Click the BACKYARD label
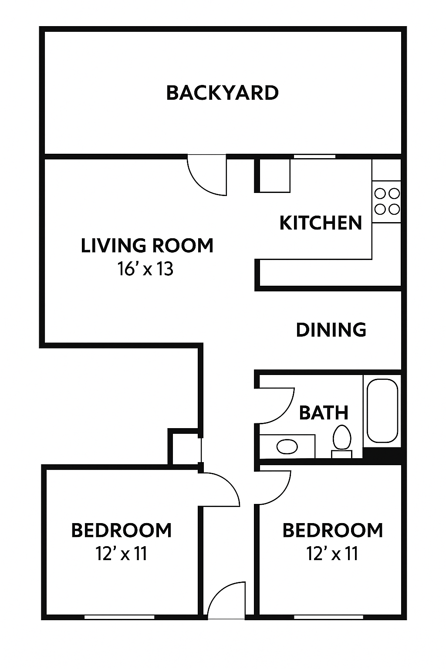point(223,93)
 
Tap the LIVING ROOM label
point(147,246)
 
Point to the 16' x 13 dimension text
point(145,268)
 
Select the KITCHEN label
point(321,223)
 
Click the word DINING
point(331,330)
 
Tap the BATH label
point(324,413)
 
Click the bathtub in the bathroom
point(382,411)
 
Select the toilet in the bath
point(342,441)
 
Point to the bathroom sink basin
point(287,447)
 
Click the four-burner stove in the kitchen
point(387,202)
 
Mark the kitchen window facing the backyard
point(314,156)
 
